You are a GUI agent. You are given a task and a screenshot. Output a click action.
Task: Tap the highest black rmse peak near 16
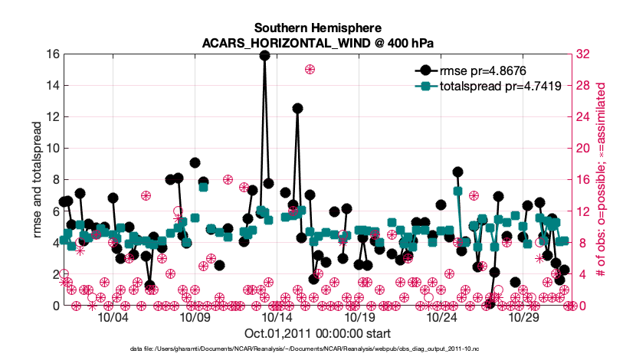point(264,55)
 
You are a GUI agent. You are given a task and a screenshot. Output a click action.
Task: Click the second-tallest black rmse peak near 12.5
point(297,109)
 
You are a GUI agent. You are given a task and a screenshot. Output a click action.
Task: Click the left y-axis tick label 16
point(52,54)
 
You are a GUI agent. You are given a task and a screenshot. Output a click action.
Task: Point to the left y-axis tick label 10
point(52,149)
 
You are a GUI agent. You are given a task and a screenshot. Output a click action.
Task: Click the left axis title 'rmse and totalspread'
point(35,180)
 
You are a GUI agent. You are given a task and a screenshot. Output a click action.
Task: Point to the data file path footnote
point(316,349)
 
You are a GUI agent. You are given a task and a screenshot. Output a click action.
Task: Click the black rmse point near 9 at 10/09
point(195,163)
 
